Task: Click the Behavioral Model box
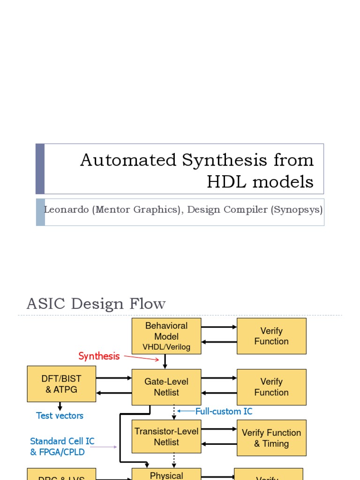point(166,336)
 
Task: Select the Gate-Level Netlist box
point(166,387)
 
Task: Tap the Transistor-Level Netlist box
point(166,436)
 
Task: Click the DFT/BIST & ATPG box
point(61,384)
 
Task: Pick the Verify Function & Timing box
point(271,438)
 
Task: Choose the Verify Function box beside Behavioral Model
point(271,336)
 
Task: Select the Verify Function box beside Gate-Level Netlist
point(271,387)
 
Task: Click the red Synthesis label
point(99,356)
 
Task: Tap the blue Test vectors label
point(60,416)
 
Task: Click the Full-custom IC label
point(224,412)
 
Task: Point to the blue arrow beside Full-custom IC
point(186,411)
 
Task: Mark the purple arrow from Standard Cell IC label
point(104,447)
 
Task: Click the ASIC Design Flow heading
point(96,304)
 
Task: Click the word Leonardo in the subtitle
point(66,210)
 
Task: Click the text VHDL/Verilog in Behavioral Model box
point(166,347)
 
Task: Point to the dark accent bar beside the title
point(40,169)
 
